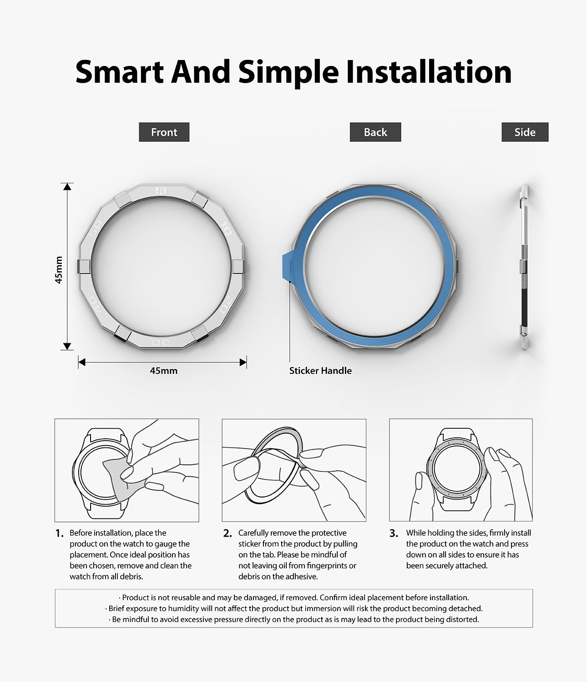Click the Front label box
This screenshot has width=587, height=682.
tap(164, 132)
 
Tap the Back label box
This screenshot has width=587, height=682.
tap(375, 132)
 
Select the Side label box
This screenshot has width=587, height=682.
tap(525, 132)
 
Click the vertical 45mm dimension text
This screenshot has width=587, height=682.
tap(59, 270)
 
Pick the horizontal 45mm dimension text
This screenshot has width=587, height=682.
tap(163, 371)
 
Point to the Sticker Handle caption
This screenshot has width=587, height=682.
tap(320, 371)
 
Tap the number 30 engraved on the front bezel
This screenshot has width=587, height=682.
tap(161, 341)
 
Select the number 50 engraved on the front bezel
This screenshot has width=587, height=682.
tap(96, 228)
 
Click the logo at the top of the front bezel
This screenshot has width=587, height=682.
tap(161, 191)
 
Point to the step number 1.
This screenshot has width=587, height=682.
tap(59, 533)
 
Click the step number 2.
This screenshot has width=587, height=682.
tap(228, 533)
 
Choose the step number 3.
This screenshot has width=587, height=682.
tap(394, 533)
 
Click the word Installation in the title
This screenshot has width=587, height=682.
tap(429, 72)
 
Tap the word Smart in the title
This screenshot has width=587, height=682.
tap(119, 72)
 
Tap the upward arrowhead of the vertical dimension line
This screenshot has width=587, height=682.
tap(67, 186)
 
